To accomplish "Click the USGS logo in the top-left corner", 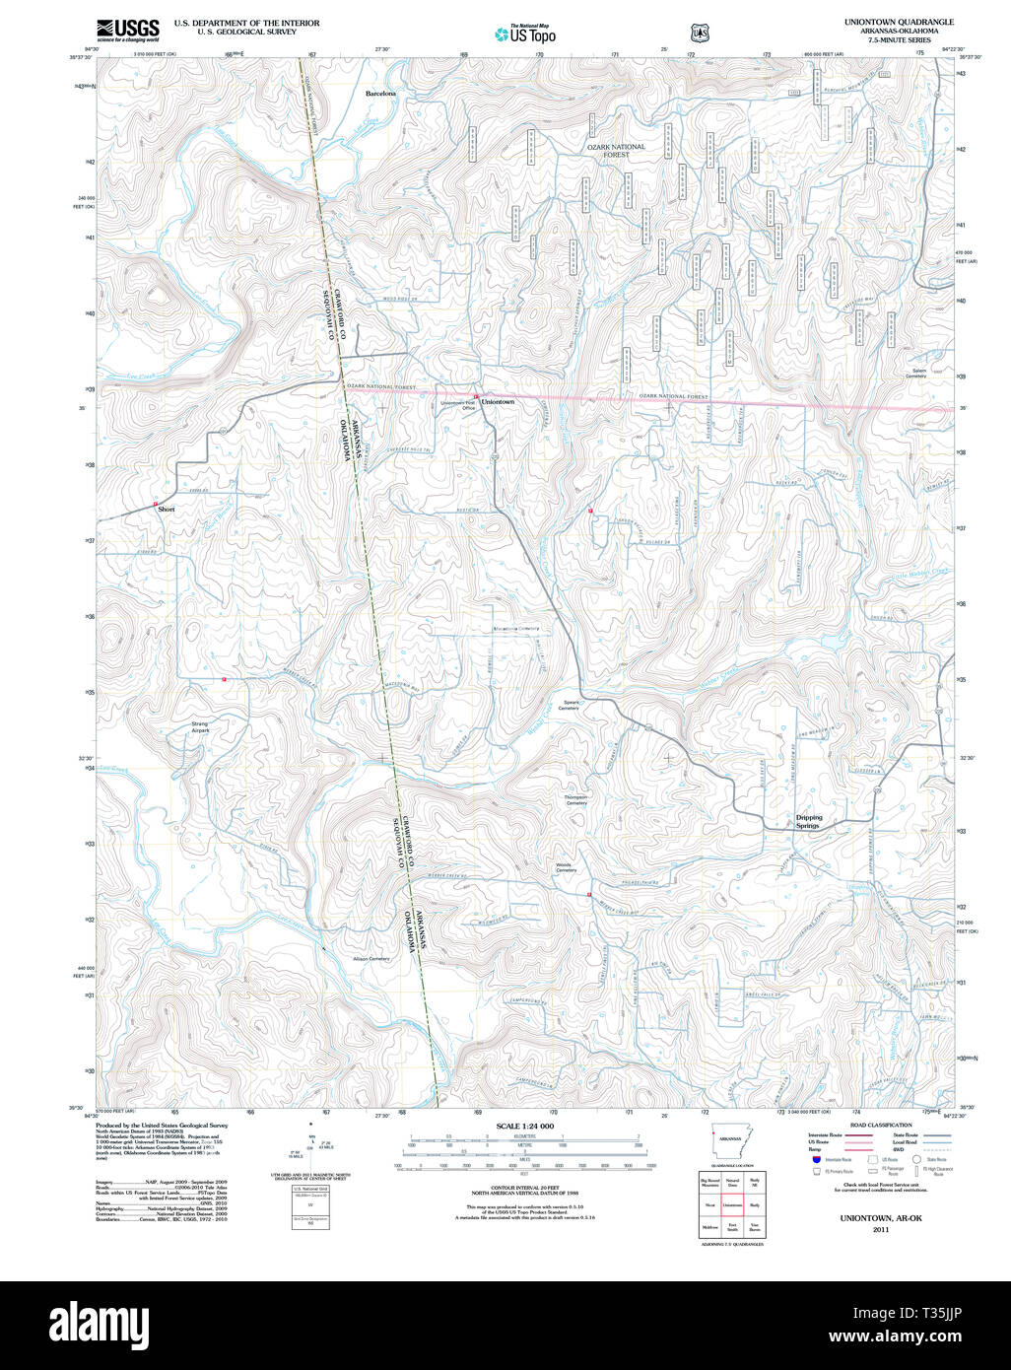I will pos(127,30).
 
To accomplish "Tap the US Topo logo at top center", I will pos(524,34).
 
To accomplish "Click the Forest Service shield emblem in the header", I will pos(700,34).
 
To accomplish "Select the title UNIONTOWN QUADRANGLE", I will pos(898,22).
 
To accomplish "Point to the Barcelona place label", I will pos(380,93).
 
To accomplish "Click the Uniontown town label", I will pos(498,402).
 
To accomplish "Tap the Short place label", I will pos(166,510).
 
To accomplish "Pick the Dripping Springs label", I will pos(808,821).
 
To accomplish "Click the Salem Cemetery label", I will pos(915,374).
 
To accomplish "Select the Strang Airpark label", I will pos(200,727).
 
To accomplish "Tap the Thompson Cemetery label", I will pos(575,799).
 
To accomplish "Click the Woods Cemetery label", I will pos(566,867).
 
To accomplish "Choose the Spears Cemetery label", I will pos(570,705).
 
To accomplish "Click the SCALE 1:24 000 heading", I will pos(525,1126).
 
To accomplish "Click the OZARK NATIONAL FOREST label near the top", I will pos(616,151).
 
